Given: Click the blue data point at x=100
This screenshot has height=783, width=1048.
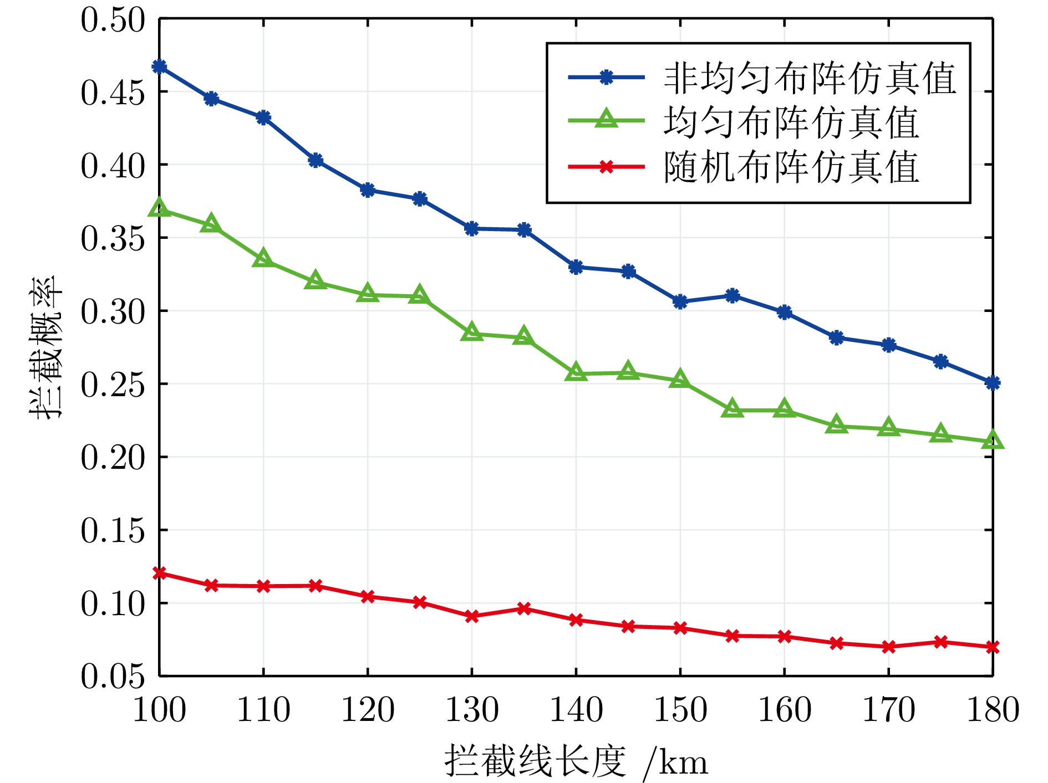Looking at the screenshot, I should (159, 67).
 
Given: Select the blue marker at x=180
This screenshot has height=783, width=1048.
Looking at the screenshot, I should (993, 382).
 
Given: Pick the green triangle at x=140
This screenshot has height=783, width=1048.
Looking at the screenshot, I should (576, 372).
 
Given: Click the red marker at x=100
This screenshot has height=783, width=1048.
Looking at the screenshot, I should (159, 572).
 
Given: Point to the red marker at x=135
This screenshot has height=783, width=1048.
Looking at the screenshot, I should (524, 608).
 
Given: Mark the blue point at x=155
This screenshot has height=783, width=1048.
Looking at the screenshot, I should (732, 295).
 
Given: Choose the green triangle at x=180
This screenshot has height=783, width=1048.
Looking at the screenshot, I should (993, 441).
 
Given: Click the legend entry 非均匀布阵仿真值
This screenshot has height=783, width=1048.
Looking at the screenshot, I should (810, 78).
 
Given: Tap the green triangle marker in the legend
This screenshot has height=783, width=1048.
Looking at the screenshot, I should (606, 119).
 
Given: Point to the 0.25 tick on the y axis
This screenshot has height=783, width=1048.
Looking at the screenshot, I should (113, 384).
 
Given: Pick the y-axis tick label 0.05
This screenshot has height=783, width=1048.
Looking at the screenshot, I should (113, 676).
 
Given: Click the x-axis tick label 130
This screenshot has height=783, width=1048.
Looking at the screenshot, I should (472, 710).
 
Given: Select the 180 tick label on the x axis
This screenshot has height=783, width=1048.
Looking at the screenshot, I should (993, 710).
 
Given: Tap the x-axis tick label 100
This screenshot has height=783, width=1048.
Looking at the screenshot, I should (159, 710).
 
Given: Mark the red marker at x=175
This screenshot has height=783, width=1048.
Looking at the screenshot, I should (940, 642).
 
